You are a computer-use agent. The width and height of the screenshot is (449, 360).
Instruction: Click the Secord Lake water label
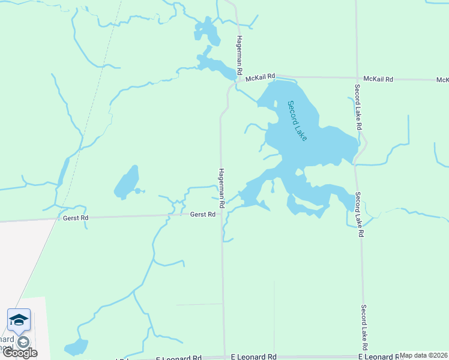[x=297, y=121]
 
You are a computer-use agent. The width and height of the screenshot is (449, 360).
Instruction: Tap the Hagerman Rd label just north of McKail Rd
[x=239, y=55]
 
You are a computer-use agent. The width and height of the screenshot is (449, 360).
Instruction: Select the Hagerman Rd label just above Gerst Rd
[x=221, y=188]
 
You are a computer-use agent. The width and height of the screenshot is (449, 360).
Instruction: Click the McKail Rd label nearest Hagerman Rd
[x=263, y=76]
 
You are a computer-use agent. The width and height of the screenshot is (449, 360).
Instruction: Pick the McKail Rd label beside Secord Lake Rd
[x=379, y=79]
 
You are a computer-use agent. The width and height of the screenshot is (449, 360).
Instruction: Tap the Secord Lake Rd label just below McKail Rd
[x=358, y=107]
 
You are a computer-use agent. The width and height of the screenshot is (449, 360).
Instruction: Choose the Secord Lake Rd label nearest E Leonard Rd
[x=364, y=328]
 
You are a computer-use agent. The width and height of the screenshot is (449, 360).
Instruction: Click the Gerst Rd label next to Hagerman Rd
[x=203, y=214]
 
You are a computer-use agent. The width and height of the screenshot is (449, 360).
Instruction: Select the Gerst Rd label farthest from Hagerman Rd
[x=76, y=218]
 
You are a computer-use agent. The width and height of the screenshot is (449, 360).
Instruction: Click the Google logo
[x=19, y=353]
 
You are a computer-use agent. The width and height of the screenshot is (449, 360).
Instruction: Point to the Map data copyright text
[x=424, y=355]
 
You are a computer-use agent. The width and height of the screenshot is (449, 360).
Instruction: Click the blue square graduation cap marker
[x=19, y=320]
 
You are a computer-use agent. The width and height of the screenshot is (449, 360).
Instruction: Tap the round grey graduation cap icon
[x=23, y=342]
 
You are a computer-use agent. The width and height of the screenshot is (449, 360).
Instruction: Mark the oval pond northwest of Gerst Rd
[x=127, y=182]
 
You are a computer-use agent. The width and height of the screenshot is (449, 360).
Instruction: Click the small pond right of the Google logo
[x=76, y=347]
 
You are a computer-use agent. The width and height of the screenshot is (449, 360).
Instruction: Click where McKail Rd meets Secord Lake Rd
[x=356, y=78]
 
